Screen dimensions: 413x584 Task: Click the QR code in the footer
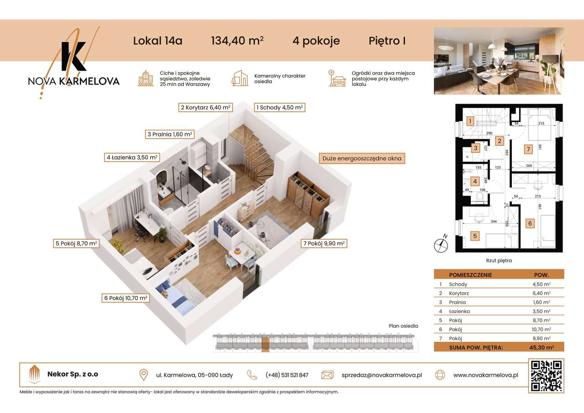tap(546, 376)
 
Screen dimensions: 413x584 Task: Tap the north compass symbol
tap(441, 245)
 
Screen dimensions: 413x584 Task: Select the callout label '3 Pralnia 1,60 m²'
tap(169, 134)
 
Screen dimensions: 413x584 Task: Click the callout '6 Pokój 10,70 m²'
tap(126, 298)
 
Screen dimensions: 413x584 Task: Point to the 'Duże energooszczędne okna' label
tap(362, 159)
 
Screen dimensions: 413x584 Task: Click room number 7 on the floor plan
tap(528, 149)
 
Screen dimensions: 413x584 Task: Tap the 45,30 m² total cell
tap(540, 347)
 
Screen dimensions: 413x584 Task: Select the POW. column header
tap(542, 275)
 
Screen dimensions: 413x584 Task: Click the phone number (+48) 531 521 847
tap(287, 375)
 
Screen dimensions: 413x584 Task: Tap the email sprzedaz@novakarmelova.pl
tap(381, 375)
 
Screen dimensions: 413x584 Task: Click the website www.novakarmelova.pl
tap(485, 375)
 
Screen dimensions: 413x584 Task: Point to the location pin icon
tap(143, 375)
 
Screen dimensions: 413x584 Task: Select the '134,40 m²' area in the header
tap(237, 41)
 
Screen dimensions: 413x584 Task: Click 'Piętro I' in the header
tap(387, 41)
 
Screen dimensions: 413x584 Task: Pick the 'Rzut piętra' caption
tap(499, 261)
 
